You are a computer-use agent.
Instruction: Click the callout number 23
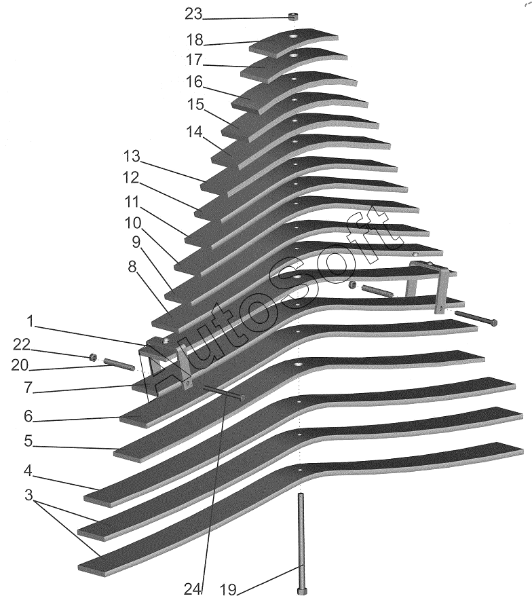(193, 14)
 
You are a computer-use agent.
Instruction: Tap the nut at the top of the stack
(293, 16)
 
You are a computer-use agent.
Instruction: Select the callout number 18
(195, 39)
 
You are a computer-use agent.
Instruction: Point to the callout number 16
(194, 82)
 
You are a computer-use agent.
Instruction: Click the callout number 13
(132, 157)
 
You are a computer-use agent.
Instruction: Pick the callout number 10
(133, 223)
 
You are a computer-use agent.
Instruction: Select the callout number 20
(20, 365)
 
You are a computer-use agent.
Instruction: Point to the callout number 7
(28, 388)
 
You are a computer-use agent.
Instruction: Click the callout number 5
(28, 441)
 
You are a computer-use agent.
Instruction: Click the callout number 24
(193, 589)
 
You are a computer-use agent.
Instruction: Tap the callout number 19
(227, 589)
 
